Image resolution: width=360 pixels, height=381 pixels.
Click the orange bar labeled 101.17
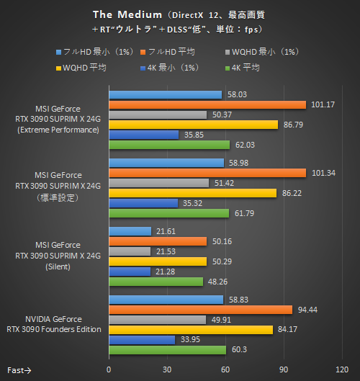(207, 104)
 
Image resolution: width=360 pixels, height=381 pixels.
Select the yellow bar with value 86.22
(192, 193)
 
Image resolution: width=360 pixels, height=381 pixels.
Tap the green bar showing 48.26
(156, 281)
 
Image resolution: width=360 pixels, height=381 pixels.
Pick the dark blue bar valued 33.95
(142, 339)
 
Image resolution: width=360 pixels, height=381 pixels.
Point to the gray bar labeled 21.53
(130, 251)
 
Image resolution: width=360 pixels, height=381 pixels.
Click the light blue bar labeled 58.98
(166, 163)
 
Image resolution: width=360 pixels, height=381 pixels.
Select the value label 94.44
(307, 310)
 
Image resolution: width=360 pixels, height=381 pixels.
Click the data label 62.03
(245, 144)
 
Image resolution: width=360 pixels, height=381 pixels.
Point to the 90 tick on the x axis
(284, 369)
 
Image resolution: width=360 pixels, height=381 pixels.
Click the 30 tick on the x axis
(167, 369)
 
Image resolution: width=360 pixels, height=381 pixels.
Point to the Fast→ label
(19, 369)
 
